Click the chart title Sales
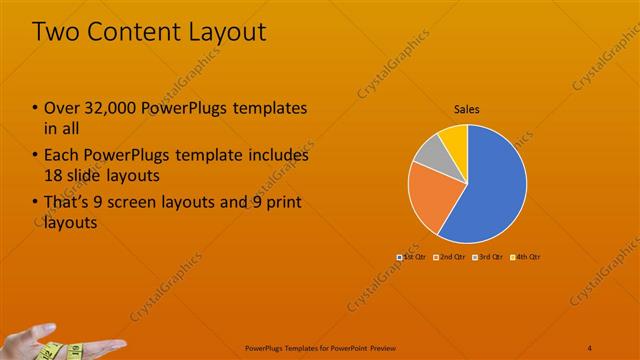467,109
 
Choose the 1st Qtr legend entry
413,257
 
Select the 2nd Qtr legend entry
449,257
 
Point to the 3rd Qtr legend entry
486,257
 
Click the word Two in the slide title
57,32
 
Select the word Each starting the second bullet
63,155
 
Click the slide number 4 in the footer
590,347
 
